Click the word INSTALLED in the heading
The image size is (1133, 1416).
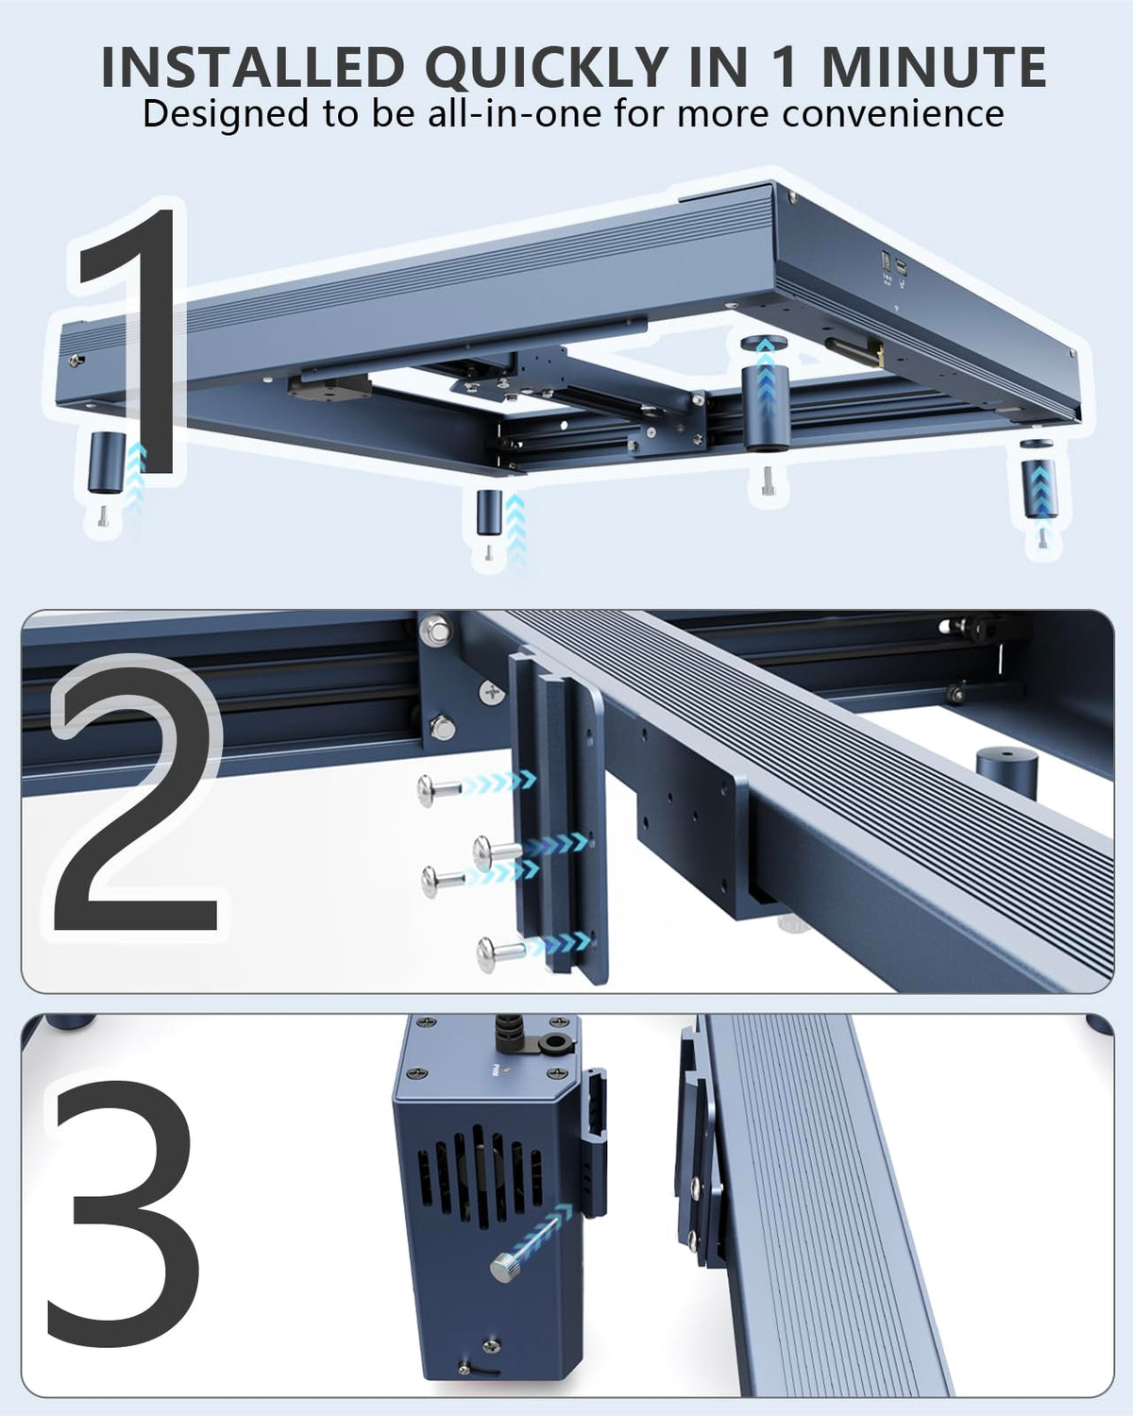(x=252, y=67)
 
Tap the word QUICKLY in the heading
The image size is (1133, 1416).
(x=548, y=68)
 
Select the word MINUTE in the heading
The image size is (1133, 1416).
(x=934, y=67)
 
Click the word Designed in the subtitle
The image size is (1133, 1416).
(x=226, y=114)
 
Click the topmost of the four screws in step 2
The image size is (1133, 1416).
(x=437, y=788)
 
